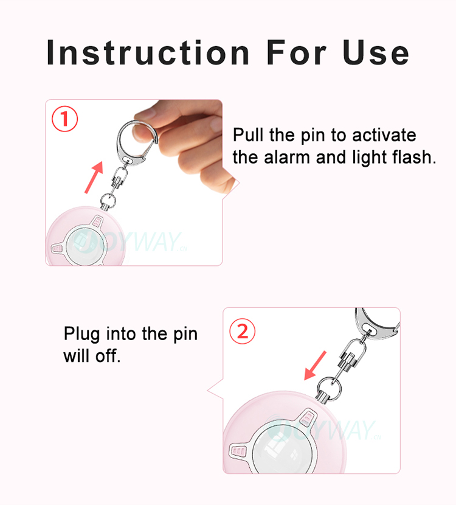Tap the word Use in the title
point(376,52)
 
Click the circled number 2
point(242,332)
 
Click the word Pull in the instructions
point(246,135)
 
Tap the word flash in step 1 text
point(414,158)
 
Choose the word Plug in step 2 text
point(82,335)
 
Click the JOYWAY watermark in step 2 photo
point(331,430)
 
